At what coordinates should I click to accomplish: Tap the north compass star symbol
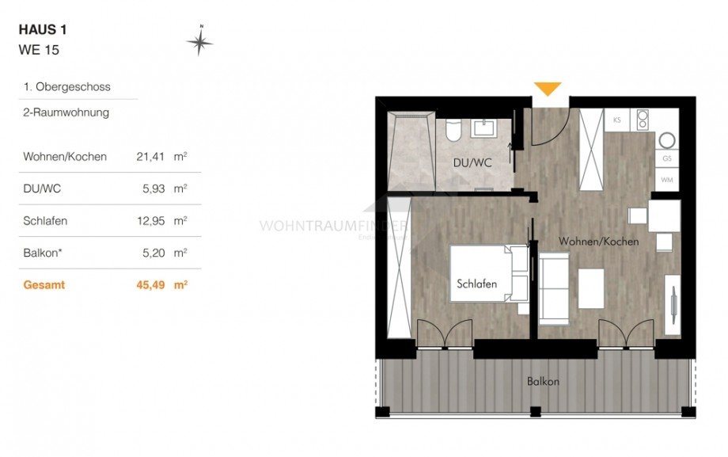point(200,41)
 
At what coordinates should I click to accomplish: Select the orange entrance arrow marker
point(548,89)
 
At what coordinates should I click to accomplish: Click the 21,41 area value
point(150,157)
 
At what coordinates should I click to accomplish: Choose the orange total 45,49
point(150,284)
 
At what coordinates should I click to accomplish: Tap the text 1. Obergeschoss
point(66,86)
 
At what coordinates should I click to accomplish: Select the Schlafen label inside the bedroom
point(476,284)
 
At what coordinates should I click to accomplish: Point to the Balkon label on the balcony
point(543,382)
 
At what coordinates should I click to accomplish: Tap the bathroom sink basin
point(481,128)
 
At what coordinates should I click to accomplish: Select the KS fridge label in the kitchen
point(616,121)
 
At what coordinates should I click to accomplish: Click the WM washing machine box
point(666,181)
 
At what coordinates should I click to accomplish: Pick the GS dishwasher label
point(666,159)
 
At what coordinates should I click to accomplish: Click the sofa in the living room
point(554,289)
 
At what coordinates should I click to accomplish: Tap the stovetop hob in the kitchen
point(643,121)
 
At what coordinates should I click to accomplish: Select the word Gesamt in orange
point(44,284)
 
